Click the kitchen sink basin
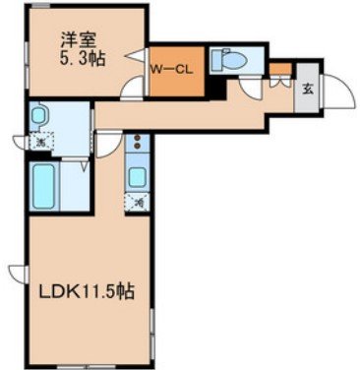(138, 176)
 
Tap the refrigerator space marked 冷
(138, 203)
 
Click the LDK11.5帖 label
(87, 292)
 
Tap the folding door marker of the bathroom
(88, 165)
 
